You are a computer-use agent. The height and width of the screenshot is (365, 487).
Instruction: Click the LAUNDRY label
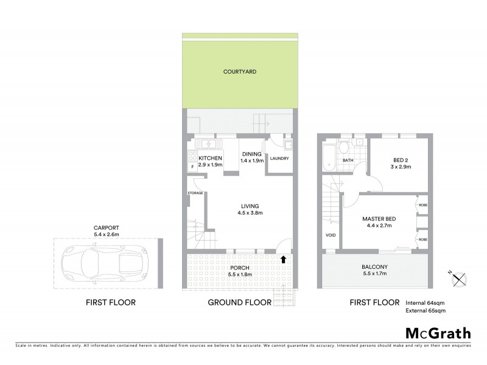(x=279, y=159)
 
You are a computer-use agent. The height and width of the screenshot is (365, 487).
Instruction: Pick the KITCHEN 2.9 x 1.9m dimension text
(x=211, y=165)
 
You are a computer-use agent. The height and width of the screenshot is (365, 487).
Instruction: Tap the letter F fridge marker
(x=193, y=166)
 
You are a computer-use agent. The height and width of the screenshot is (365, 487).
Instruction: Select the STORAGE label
(x=195, y=193)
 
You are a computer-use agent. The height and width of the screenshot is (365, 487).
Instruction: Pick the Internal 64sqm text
(x=426, y=302)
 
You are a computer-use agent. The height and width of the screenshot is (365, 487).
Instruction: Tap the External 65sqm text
(x=426, y=311)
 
